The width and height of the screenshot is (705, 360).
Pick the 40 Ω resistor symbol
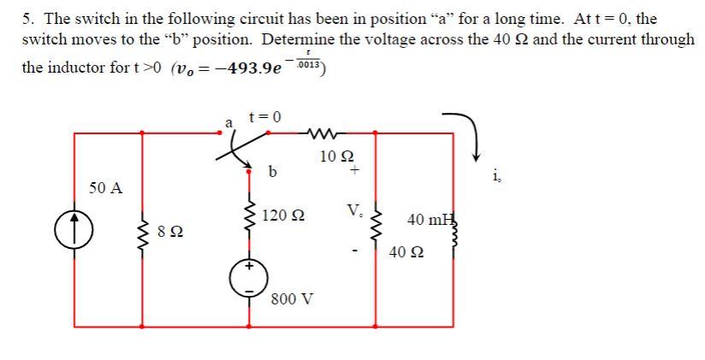tap(377, 232)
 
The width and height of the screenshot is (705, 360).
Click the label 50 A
tap(105, 188)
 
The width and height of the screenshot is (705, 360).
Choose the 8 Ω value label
tap(170, 231)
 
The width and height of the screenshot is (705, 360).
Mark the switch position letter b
tap(272, 172)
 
